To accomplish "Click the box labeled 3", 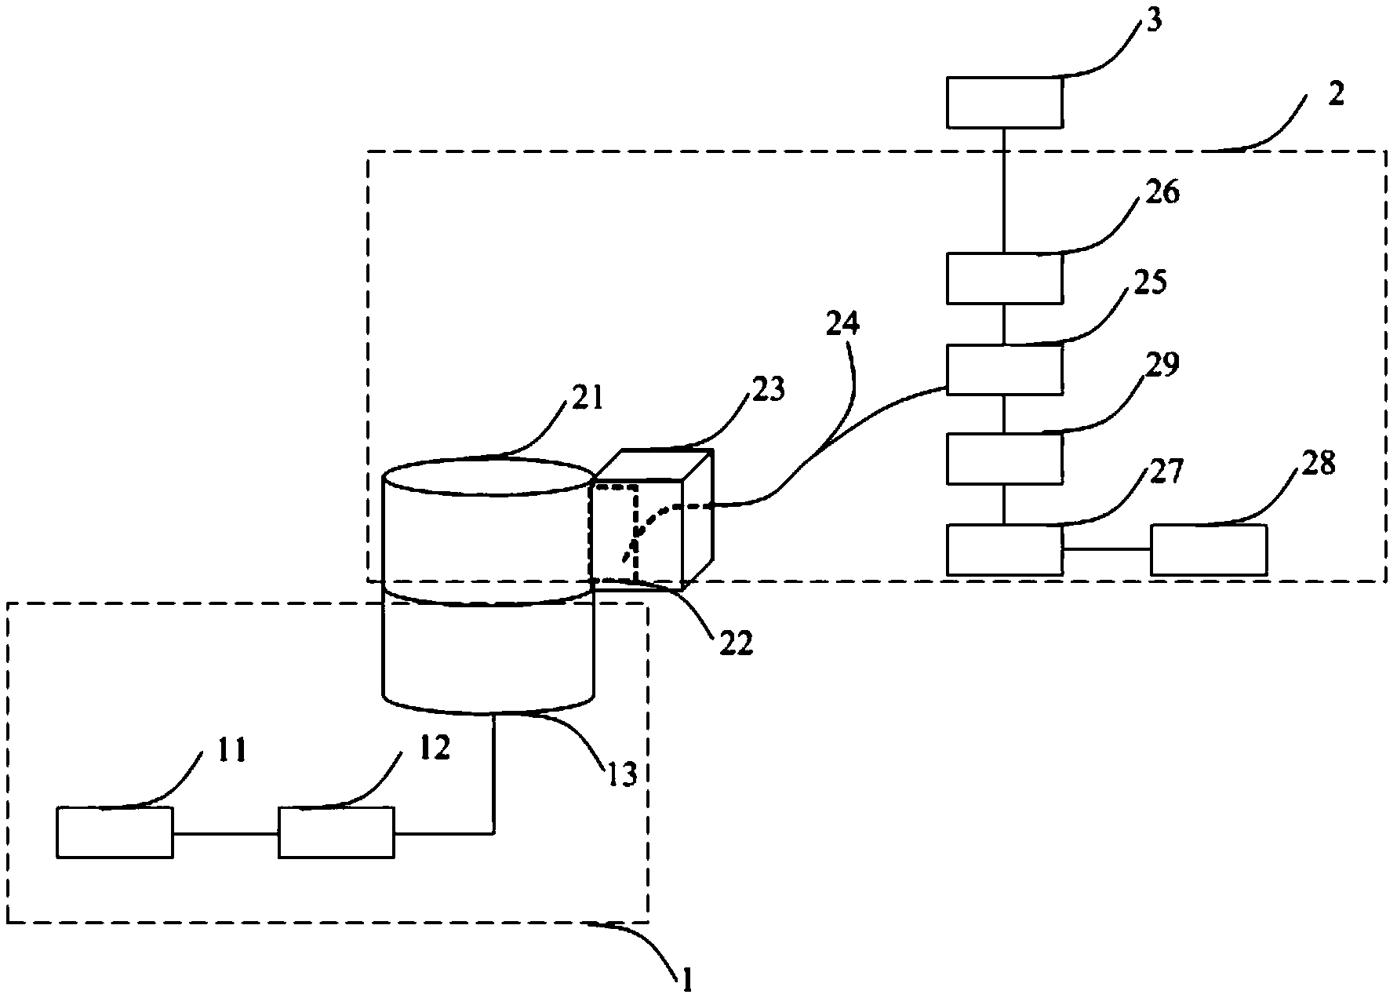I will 1004,102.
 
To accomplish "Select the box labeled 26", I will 1004,279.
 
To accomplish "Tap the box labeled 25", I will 1004,369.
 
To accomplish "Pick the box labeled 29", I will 1004,457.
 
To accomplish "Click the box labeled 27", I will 1004,550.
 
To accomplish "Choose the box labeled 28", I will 1208,550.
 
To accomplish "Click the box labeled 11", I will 115,832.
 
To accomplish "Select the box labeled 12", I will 337,832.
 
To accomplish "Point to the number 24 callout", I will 843,325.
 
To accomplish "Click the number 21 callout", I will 587,398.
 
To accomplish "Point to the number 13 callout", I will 620,774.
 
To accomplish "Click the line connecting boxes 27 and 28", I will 1106,550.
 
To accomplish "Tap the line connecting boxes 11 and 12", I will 226,832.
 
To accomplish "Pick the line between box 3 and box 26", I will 1004,190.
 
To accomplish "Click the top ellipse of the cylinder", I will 487,478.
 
